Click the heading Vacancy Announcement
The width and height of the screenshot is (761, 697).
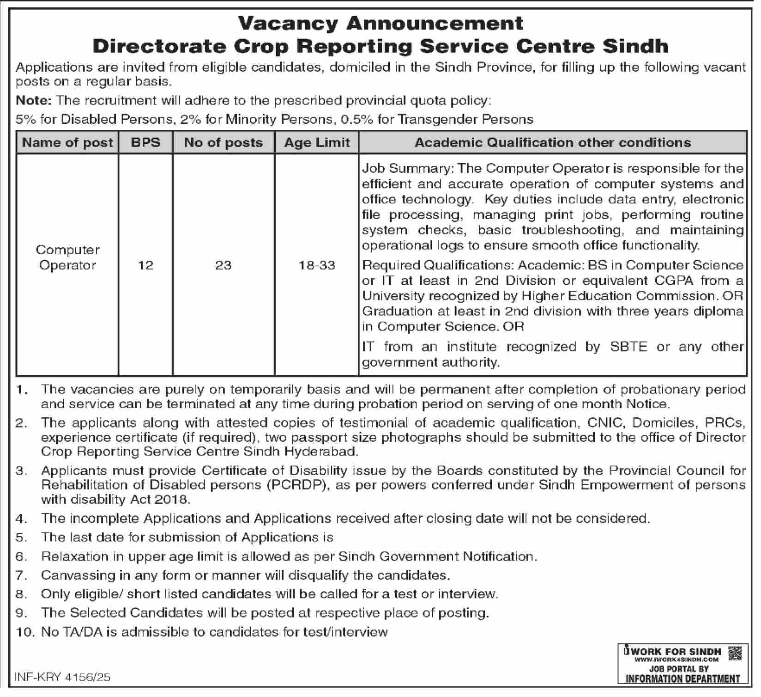[381, 23]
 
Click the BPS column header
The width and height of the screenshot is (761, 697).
[145, 142]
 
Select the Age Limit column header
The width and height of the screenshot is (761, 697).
[317, 142]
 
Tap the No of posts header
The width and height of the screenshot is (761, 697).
[223, 142]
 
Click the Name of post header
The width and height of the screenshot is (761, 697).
[67, 142]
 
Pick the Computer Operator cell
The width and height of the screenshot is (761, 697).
[67, 257]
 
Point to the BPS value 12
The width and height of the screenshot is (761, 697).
[145, 265]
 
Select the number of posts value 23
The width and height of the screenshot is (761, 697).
[223, 265]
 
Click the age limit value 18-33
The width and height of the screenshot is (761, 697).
[317, 265]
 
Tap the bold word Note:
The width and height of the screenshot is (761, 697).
[34, 100]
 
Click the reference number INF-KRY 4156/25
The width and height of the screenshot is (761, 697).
[62, 678]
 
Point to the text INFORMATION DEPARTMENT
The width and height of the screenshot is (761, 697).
[682, 679]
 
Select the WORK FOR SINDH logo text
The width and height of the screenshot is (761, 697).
[675, 651]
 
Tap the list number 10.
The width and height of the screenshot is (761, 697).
[25, 632]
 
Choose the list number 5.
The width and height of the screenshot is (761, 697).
[21, 538]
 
